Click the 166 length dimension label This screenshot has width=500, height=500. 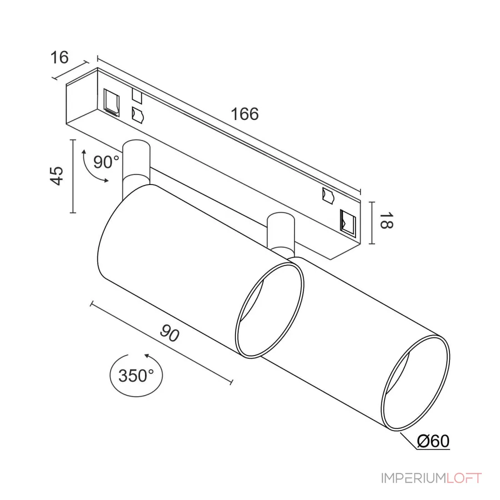click(x=245, y=114)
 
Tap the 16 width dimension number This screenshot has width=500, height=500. click(x=60, y=57)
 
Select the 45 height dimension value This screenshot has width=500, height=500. click(x=57, y=176)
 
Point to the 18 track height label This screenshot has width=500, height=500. click(x=386, y=220)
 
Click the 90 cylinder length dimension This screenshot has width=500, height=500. click(x=170, y=333)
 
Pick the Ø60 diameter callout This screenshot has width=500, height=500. click(x=433, y=441)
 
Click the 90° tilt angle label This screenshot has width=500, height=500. click(x=106, y=162)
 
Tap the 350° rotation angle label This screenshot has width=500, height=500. click(x=136, y=375)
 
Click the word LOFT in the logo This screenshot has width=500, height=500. click(x=464, y=478)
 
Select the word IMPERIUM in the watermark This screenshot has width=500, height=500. click(x=414, y=478)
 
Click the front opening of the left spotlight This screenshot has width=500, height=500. click(x=270, y=310)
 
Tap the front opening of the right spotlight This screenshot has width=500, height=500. click(x=415, y=383)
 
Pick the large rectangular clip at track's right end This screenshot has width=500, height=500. click(x=348, y=223)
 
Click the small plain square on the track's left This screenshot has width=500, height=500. click(x=137, y=96)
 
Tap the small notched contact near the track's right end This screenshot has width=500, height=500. click(x=328, y=195)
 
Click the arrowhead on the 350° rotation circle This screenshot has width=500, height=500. click(x=147, y=356)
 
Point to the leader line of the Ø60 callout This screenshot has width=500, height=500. click(x=409, y=440)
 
